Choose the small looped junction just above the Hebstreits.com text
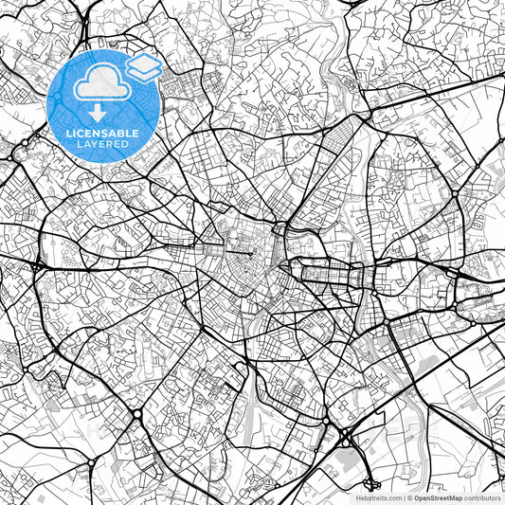tap(363, 480)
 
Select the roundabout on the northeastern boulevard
tap(456, 194)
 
